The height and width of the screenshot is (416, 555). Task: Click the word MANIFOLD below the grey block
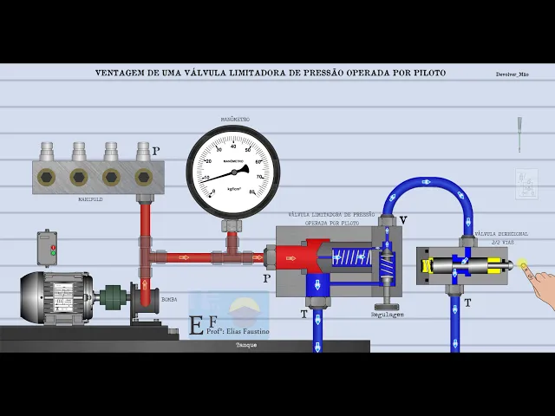tap(90, 198)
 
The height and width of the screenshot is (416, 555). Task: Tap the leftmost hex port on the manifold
tap(47, 177)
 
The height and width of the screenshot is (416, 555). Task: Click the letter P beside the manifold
tap(156, 151)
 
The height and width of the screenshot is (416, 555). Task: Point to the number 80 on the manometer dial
tap(251, 192)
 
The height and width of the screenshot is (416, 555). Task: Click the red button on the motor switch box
tap(53, 248)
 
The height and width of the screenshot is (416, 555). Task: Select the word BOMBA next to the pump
tap(169, 299)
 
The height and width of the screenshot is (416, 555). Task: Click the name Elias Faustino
tap(247, 331)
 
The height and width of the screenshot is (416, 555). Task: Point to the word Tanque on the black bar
tap(246, 345)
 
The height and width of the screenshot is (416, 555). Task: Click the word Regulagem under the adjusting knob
tap(388, 315)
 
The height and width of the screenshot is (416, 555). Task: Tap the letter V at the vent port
tap(402, 220)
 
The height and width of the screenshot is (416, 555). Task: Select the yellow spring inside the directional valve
tap(428, 266)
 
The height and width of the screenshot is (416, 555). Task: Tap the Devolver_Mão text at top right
tap(512, 75)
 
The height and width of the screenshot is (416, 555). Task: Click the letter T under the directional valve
tap(467, 302)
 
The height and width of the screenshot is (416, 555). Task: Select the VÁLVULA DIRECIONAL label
tap(501, 234)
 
